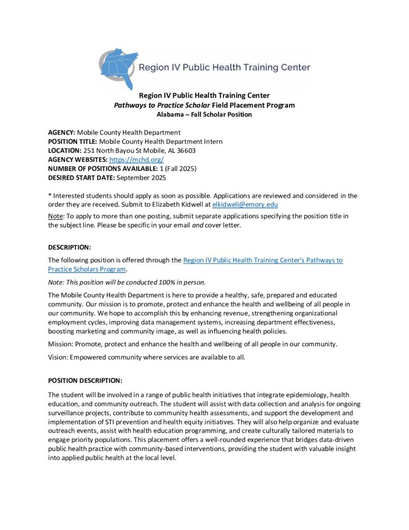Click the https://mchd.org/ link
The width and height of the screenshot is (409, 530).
tap(136, 160)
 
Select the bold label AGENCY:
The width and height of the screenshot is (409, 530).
tap(62, 132)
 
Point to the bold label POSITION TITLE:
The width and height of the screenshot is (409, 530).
tap(72, 141)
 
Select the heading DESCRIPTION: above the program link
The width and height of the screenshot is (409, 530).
tap(69, 247)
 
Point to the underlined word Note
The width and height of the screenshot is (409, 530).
tap(55, 216)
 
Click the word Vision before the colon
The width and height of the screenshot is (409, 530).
tap(57, 357)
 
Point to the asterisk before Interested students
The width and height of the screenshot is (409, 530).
tap(50, 196)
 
